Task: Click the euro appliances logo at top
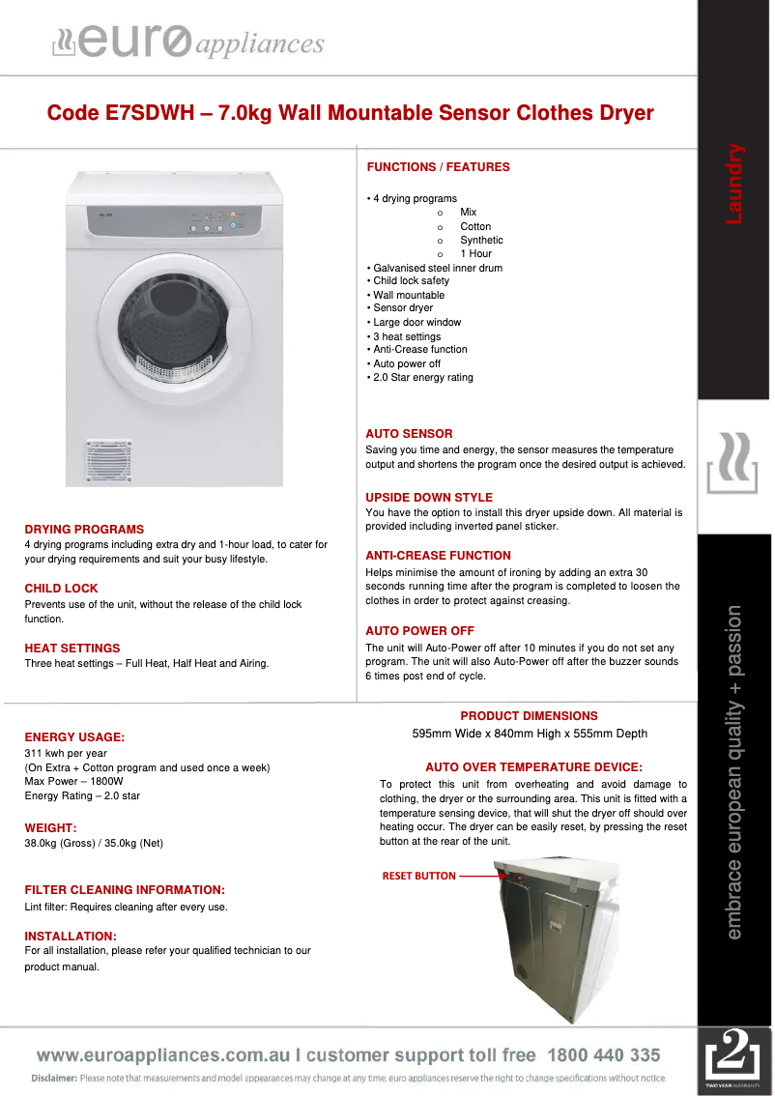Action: point(187,43)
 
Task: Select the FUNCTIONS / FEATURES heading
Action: point(438,167)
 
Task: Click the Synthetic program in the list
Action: point(481,240)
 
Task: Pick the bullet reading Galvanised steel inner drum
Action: point(435,268)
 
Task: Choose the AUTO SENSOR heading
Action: point(409,434)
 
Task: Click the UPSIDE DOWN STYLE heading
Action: point(429,498)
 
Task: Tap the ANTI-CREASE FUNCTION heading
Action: point(438,556)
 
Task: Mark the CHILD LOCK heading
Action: point(61,589)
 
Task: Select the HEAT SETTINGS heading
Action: point(72,649)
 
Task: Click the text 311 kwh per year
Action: point(66,753)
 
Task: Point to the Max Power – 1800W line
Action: point(74,782)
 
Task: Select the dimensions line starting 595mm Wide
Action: point(530,734)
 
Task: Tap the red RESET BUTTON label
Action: point(418,876)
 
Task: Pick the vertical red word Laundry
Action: point(734,184)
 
